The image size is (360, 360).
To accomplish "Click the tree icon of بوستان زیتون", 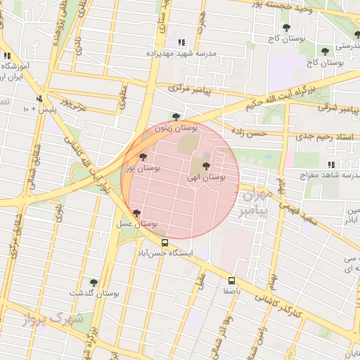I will click(x=176, y=117).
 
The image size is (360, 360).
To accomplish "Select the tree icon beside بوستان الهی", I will click(x=205, y=165).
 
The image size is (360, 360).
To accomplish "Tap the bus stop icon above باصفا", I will click(x=232, y=280).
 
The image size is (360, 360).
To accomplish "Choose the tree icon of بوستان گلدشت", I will click(x=94, y=282).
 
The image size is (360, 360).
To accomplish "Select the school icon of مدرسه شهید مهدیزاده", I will click(x=182, y=43).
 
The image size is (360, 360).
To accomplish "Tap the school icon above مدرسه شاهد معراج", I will click(x=330, y=165).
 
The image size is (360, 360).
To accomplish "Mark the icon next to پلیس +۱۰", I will click(x=39, y=98).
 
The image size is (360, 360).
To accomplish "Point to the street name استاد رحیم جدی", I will click(x=328, y=137).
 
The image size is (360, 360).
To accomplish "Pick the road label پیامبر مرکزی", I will click(x=195, y=91).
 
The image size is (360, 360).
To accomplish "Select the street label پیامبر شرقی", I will click(x=338, y=108).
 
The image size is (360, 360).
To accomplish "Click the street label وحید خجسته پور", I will click(x=316, y=6).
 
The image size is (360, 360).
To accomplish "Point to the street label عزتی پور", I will click(x=72, y=105).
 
